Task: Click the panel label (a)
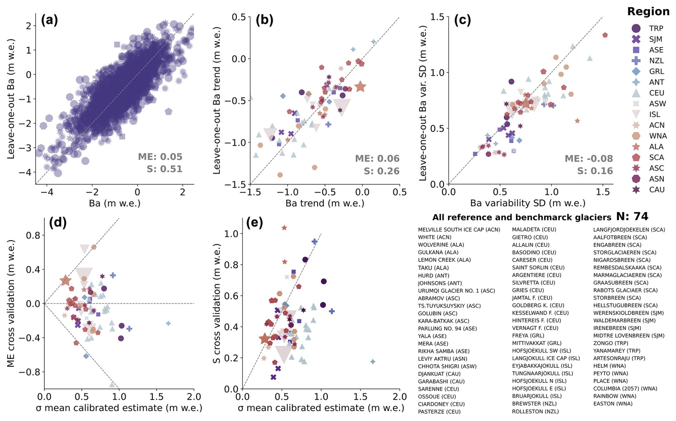coord(49,20)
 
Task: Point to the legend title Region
coord(648,11)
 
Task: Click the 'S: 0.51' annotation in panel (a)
coord(164,169)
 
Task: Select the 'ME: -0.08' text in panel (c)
coord(588,159)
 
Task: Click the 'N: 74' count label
coord(632,216)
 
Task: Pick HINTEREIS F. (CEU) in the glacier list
coord(536,320)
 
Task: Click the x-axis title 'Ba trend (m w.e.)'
coord(325,203)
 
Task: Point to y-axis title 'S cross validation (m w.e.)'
coord(217,304)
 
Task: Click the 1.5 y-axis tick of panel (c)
coord(437,17)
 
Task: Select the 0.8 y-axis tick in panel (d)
coord(33,235)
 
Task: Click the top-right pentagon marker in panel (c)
coord(605,35)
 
